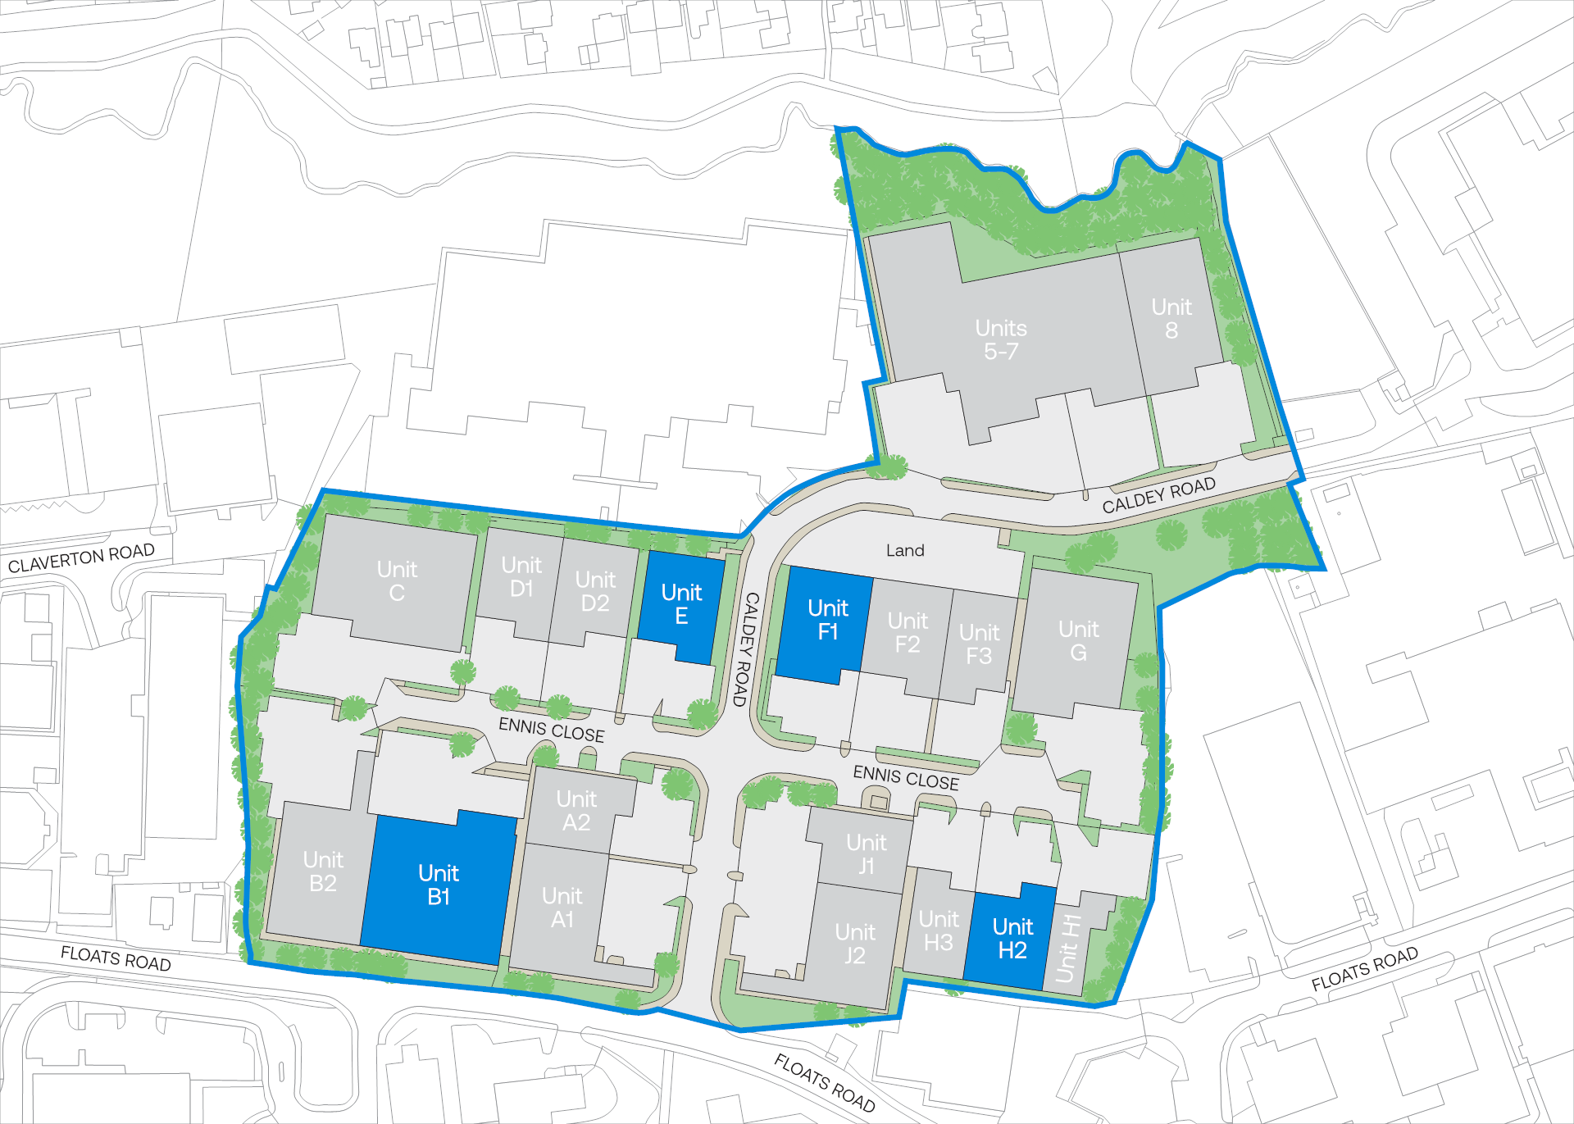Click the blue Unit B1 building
pos(439,885)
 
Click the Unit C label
pos(397,581)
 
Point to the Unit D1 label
pos(521,577)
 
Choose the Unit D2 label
pos(595,592)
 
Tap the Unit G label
pos(1078,641)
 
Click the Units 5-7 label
pos(1001,340)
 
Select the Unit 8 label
pos(1171,319)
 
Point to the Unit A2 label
pos(576,811)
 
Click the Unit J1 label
pos(867,854)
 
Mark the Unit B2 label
pos(323,871)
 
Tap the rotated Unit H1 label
pos(1067,949)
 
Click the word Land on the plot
pos(905,551)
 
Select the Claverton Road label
pos(81,558)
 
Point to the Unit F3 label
pos(979,644)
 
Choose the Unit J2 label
pos(855,944)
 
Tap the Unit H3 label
pos(939,931)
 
